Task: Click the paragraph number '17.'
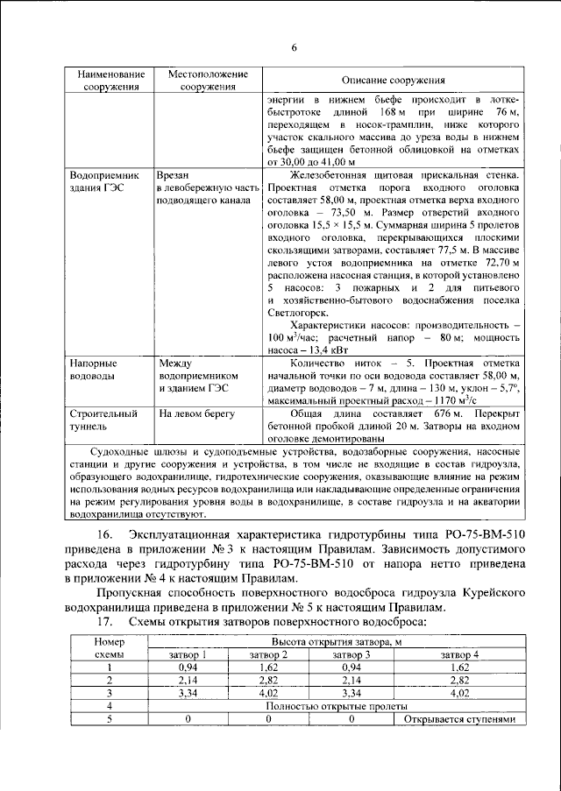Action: (x=104, y=621)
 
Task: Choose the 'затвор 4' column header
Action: (x=459, y=654)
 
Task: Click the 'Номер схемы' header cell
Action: (x=110, y=648)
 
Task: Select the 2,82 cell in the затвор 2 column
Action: (x=268, y=679)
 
